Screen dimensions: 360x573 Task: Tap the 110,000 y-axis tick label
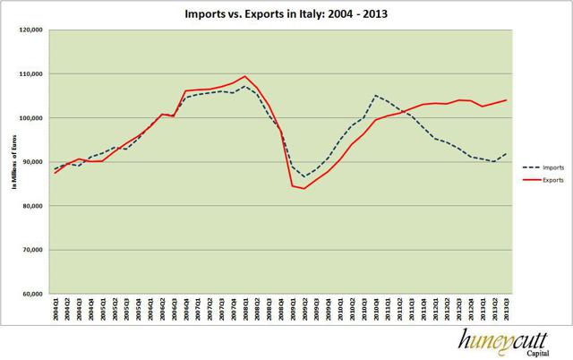pos(31,73)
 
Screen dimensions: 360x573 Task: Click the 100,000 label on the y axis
pos(31,117)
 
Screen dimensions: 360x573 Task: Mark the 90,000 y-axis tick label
pos(33,161)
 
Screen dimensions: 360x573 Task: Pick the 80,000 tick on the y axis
pos(33,205)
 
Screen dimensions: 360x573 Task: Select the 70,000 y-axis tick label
pos(33,249)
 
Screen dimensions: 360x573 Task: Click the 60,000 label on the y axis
pos(33,293)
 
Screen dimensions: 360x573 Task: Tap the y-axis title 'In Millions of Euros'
pos(11,161)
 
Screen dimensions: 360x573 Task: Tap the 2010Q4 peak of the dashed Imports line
pos(375,95)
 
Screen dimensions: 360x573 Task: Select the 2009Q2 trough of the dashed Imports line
pos(304,176)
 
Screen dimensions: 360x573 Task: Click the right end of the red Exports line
pos(507,100)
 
